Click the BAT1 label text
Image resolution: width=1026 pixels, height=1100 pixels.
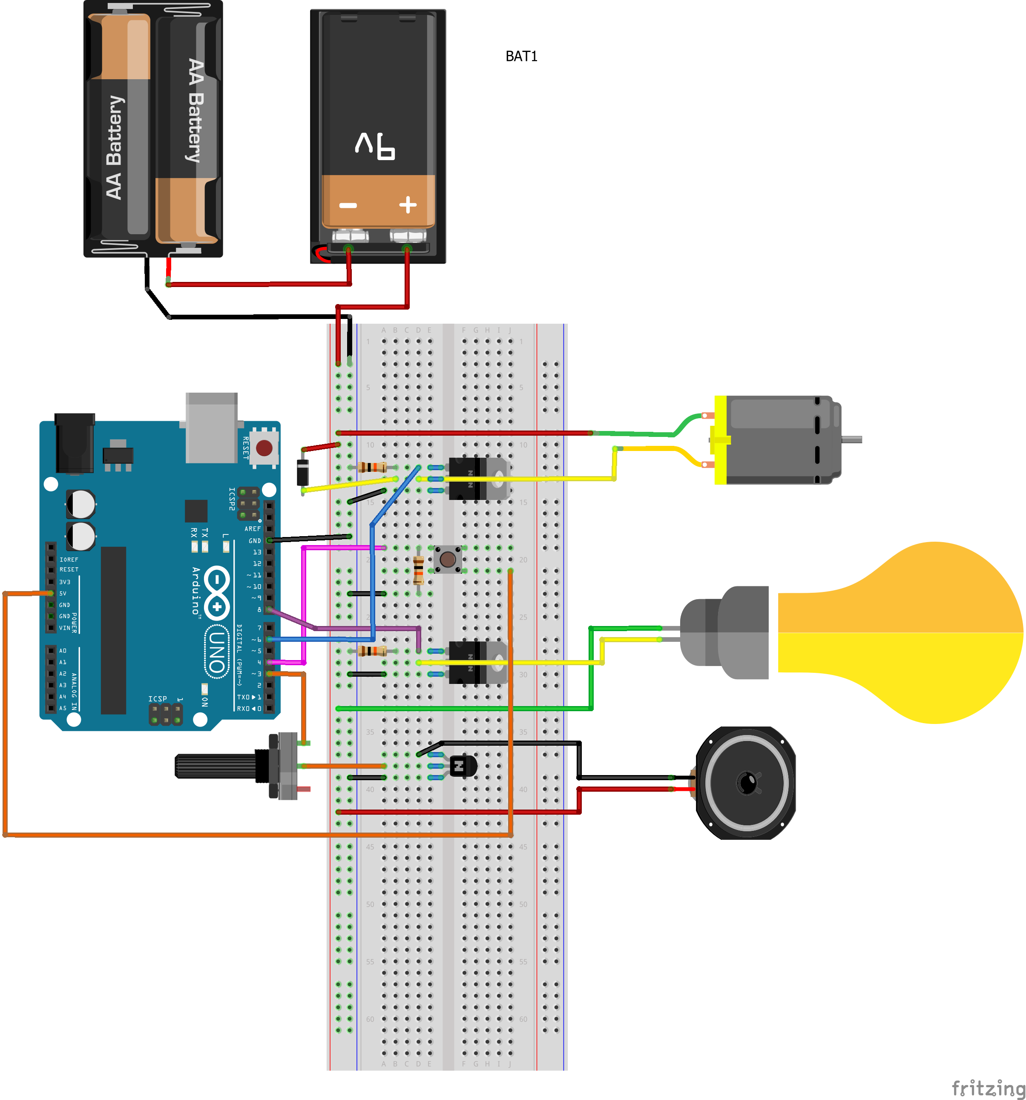pos(521,57)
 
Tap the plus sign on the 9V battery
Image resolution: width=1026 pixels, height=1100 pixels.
pos(408,205)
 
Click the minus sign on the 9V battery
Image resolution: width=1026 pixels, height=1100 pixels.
pos(348,206)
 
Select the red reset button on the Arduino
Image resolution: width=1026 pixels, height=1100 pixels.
pos(264,447)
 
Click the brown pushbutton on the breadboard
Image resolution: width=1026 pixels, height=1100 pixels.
pos(448,559)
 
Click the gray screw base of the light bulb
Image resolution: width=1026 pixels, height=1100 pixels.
pos(725,632)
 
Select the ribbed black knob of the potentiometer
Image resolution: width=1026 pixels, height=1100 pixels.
pos(216,766)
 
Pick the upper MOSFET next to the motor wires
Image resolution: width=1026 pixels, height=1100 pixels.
pos(477,478)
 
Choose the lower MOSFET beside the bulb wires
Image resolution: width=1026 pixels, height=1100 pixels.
pos(477,662)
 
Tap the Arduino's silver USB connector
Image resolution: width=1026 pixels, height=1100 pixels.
pos(211,427)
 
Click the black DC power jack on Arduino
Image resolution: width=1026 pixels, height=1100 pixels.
pos(75,442)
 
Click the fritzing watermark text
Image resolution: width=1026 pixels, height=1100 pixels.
pos(987,1088)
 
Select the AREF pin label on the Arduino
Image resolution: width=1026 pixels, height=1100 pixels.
pos(253,528)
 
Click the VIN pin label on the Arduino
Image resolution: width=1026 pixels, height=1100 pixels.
pos(65,628)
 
